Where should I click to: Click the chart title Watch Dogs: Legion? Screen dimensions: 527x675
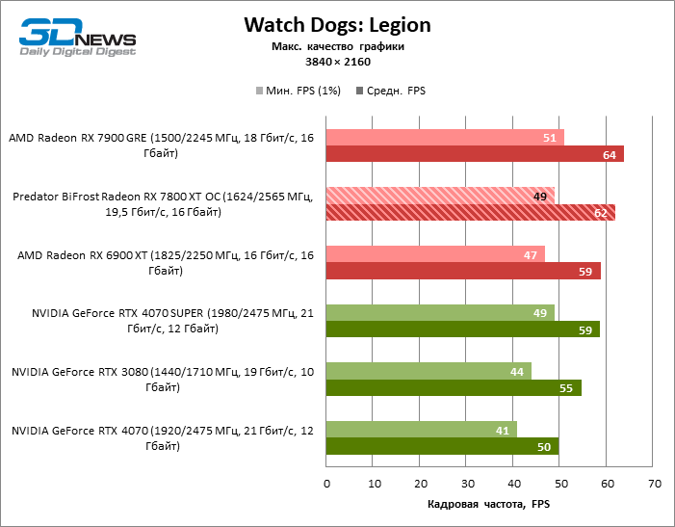[337, 24]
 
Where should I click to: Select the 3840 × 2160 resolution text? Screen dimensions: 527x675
[337, 62]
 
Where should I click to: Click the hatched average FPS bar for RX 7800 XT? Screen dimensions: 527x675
[470, 212]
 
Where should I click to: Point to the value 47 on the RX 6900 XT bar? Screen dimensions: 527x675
[531, 253]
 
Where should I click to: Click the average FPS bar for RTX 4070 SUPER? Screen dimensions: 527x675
[462, 329]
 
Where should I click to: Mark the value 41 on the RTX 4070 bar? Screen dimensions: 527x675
[503, 429]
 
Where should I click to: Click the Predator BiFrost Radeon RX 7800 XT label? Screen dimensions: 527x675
[163, 204]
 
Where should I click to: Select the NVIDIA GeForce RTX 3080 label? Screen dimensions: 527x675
[163, 379]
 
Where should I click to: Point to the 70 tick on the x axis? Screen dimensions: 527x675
[654, 482]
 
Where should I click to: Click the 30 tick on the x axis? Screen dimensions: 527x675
[467, 482]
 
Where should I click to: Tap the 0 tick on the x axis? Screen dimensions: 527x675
[326, 482]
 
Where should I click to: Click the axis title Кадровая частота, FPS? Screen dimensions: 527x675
[488, 504]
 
